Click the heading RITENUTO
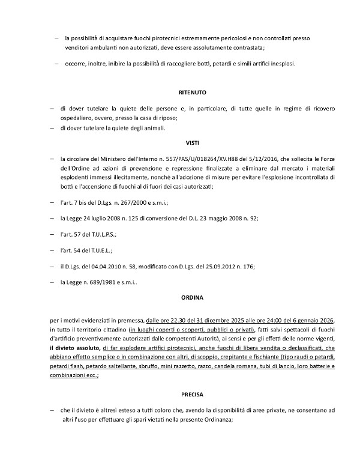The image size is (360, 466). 193,93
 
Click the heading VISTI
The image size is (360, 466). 193,143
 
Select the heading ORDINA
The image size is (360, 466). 193,297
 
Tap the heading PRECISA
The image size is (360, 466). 193,395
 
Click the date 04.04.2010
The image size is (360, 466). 107,265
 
